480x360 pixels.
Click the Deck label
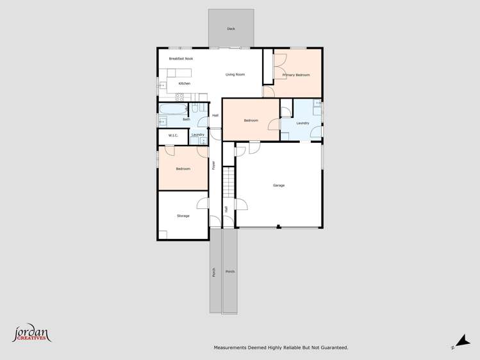point(231,29)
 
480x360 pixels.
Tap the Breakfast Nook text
point(181,58)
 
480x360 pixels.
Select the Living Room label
point(235,74)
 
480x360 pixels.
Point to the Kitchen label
point(184,83)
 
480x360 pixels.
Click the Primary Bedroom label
point(296,75)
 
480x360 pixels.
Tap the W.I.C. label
point(173,135)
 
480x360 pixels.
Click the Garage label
point(279,185)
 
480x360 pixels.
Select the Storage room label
point(183,216)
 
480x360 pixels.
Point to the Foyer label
point(213,165)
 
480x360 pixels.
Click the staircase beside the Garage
point(228,183)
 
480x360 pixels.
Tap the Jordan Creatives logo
point(31,334)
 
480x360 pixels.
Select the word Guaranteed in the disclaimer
point(334,348)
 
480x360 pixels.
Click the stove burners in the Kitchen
point(181,97)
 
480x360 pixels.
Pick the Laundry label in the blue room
point(302,123)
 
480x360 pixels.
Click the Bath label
point(186,119)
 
